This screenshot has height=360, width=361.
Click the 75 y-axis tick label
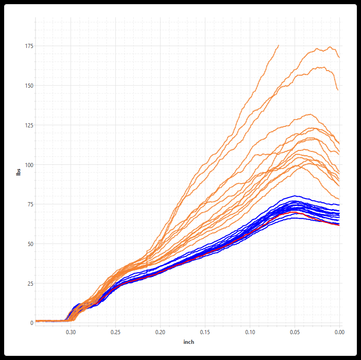point(30,204)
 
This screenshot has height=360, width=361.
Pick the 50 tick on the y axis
point(30,244)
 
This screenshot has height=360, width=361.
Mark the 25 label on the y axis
point(30,283)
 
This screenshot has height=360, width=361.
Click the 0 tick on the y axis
point(32,323)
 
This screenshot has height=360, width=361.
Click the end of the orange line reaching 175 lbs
point(278,45)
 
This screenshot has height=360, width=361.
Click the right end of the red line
point(339,225)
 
